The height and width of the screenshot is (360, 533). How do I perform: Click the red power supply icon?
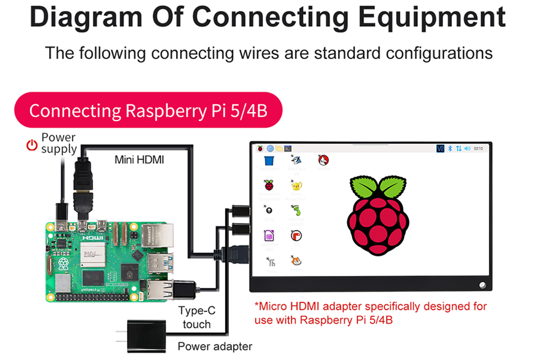tap(32, 144)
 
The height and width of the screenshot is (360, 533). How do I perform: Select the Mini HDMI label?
tap(139, 160)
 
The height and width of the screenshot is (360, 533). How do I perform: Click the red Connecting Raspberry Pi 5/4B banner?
tap(148, 110)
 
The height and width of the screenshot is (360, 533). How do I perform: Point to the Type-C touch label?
tap(197, 317)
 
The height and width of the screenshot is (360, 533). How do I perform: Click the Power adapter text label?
tap(215, 346)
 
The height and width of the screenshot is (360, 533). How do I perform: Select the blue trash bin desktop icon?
tap(269, 160)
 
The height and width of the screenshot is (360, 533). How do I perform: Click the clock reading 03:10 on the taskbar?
tap(478, 148)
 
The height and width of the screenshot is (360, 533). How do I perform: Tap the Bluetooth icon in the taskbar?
tap(450, 148)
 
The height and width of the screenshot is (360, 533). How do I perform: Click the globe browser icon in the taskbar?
tap(270, 148)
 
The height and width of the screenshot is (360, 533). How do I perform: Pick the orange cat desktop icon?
tap(296, 261)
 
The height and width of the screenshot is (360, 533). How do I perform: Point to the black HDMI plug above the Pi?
tap(83, 178)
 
